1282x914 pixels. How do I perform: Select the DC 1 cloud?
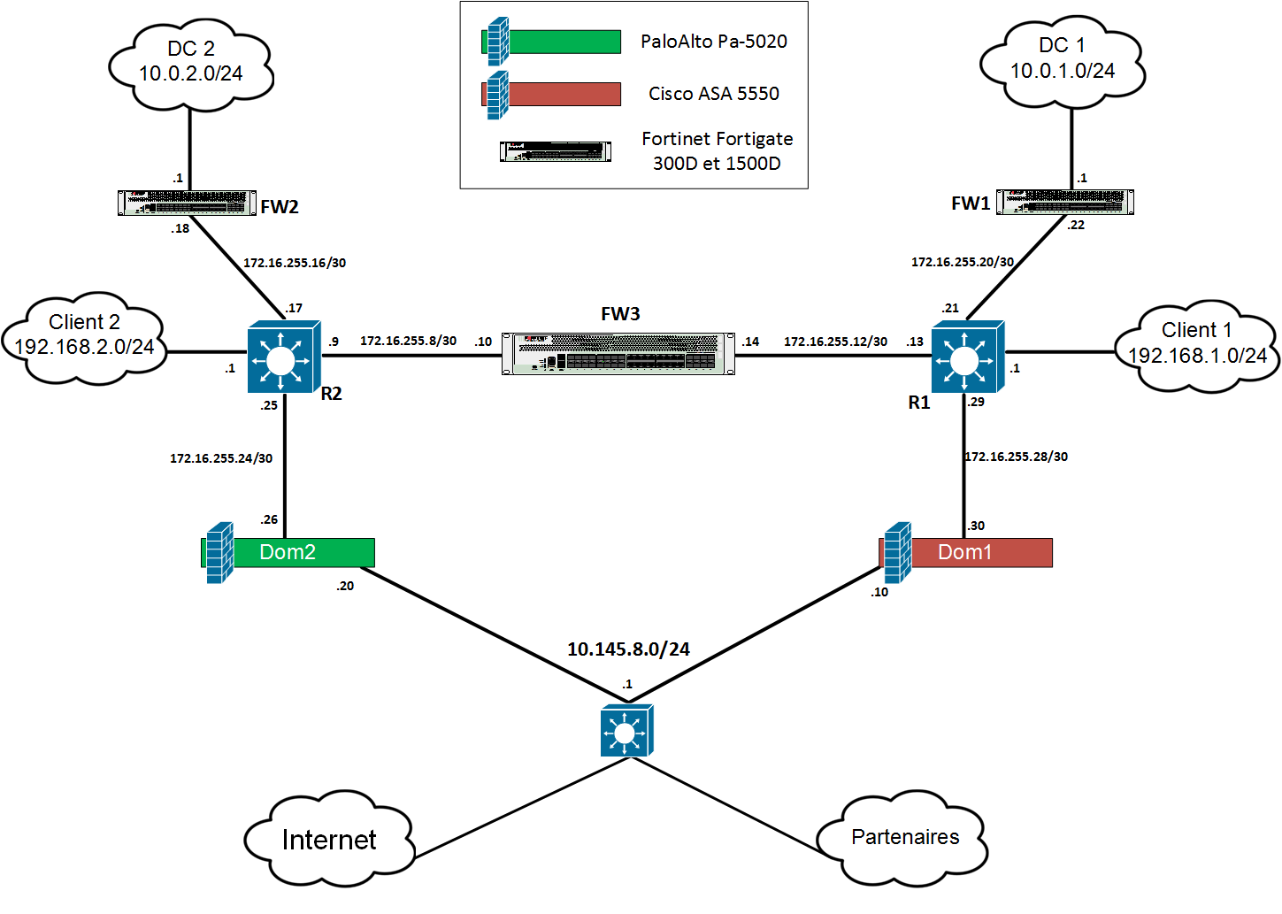[x=1062, y=60]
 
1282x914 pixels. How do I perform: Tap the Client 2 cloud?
[x=84, y=336]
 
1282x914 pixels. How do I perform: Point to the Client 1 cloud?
[x=1196, y=344]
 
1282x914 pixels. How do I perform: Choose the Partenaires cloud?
[x=903, y=837]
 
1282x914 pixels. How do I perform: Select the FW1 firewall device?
[x=1065, y=202]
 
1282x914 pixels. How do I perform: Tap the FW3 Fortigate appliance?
[x=618, y=353]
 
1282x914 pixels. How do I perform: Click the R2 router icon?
[x=283, y=357]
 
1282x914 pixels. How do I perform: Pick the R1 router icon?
[x=967, y=357]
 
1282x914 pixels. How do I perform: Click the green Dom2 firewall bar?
[x=290, y=552]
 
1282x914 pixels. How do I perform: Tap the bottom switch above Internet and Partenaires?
[x=626, y=731]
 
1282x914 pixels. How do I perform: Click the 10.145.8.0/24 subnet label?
[x=628, y=649]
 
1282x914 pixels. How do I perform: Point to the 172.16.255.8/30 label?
[x=408, y=341]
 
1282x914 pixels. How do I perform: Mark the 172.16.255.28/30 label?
[x=1017, y=457]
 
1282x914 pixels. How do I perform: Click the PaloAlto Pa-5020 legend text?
[x=713, y=42]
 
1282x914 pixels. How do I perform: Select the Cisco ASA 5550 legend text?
[x=713, y=94]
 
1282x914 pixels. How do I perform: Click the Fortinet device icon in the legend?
[x=556, y=151]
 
